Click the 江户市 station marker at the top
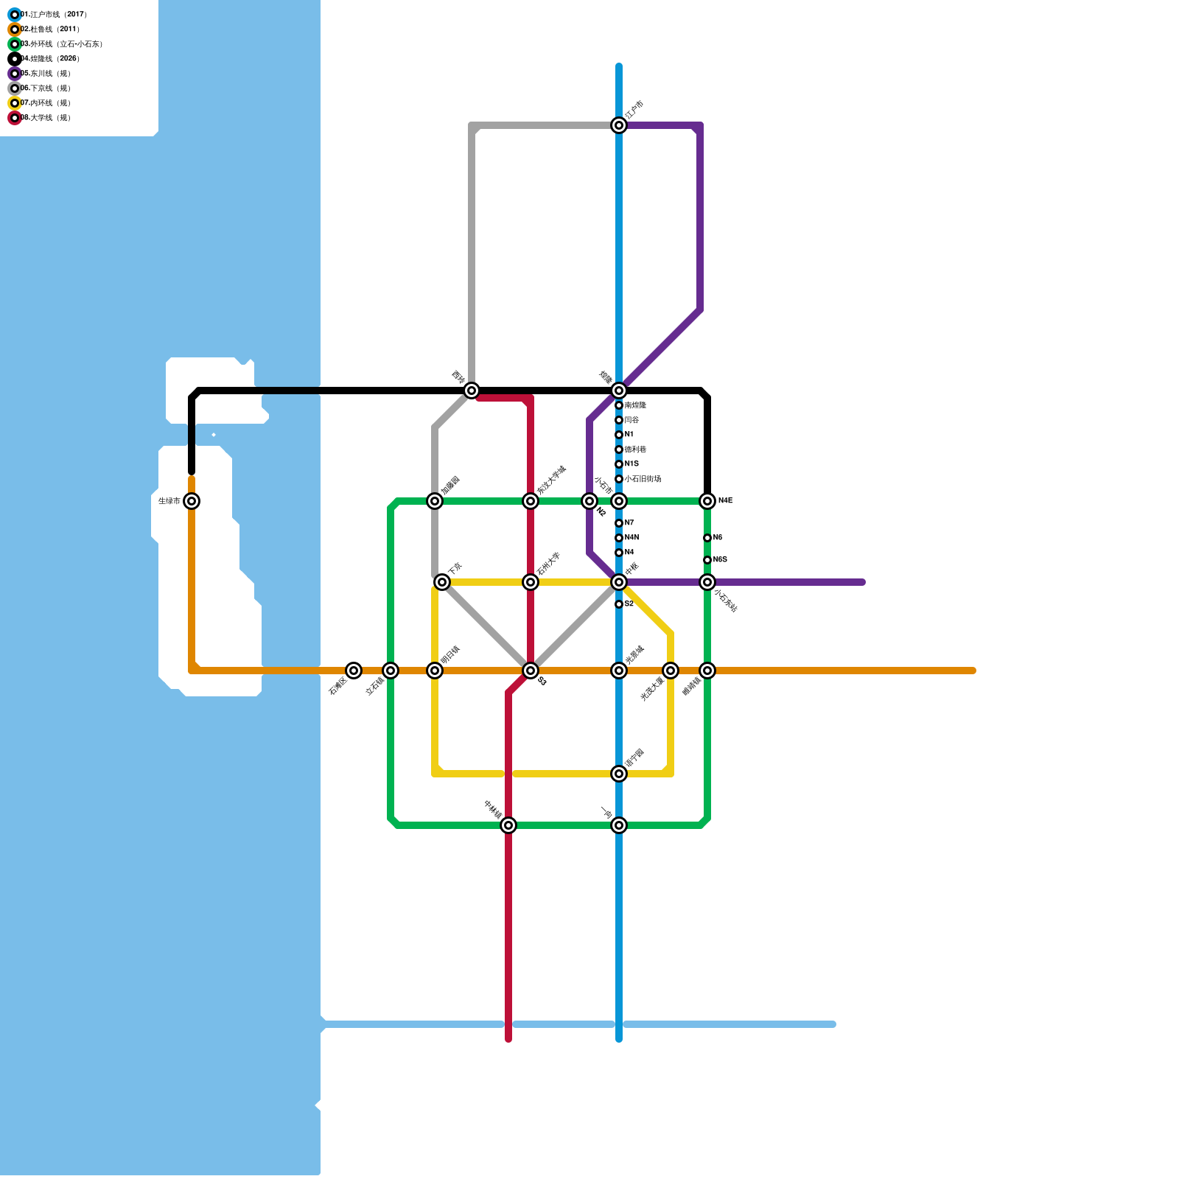[x=619, y=125]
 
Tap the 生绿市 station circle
[x=192, y=501]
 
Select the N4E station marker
[x=707, y=501]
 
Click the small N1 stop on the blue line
[x=619, y=435]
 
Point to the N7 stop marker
[x=619, y=523]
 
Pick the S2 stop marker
[x=619, y=604]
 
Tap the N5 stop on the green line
[x=707, y=538]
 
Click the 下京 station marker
[x=442, y=582]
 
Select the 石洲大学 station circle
[x=531, y=582]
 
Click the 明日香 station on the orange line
[x=435, y=671]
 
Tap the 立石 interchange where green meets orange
[x=391, y=671]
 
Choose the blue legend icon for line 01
[x=15, y=15]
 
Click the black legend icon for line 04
[x=15, y=59]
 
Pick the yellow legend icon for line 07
[x=15, y=103]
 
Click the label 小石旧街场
[x=643, y=479]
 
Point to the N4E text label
[x=726, y=501]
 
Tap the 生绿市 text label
[x=169, y=501]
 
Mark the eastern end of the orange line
[x=973, y=671]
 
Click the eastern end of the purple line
[x=862, y=582]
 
